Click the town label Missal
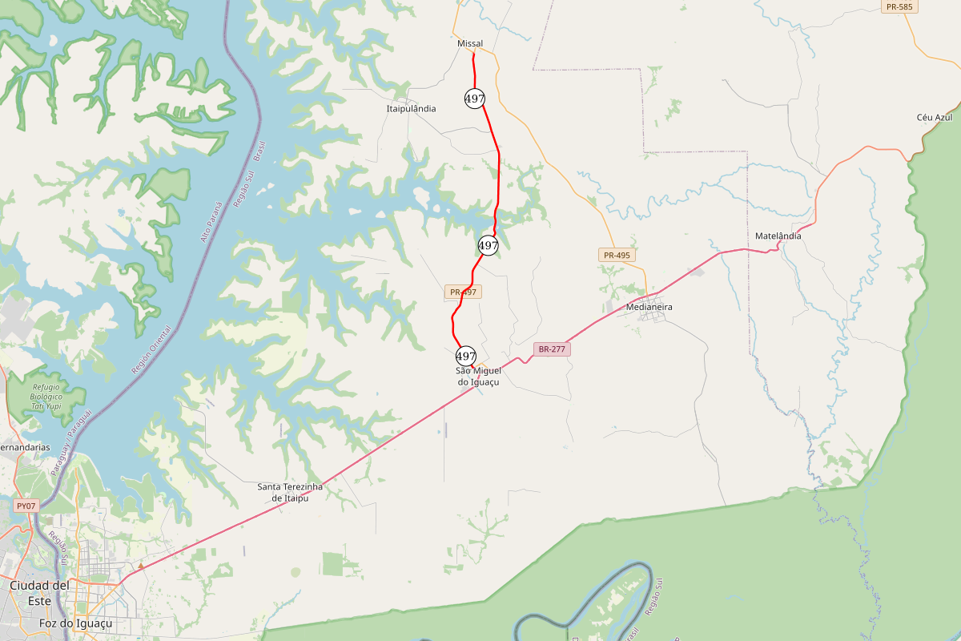pos(470,43)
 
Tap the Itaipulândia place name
pos(412,108)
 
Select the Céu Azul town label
pos(934,118)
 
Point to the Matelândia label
pos(778,236)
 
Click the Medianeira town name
pos(649,307)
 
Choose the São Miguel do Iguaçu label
pos(477,377)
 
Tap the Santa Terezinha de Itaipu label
pos(290,492)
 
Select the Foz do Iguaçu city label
pos(75,623)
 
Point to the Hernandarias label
pos(24,447)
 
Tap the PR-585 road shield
pos(899,6)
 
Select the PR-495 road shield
pos(617,255)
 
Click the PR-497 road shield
pos(463,292)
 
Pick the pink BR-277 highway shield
pos(552,349)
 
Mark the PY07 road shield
pos(26,506)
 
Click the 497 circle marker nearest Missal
pos(475,99)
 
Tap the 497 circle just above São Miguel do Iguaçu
pos(466,356)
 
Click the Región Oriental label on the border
pos(151,350)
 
